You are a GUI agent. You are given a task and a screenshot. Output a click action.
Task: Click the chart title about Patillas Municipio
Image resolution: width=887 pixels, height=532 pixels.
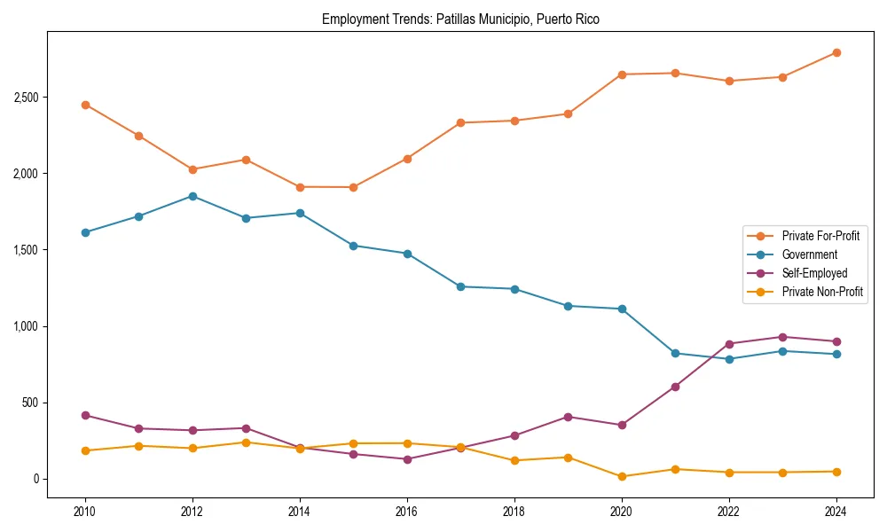(x=460, y=20)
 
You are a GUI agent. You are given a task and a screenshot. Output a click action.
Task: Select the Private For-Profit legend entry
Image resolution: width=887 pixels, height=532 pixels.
(x=820, y=236)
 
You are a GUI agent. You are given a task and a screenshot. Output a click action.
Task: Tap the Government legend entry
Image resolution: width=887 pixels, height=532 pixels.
(x=809, y=254)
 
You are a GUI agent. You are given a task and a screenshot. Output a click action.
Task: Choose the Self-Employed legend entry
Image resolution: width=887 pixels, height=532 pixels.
(x=814, y=273)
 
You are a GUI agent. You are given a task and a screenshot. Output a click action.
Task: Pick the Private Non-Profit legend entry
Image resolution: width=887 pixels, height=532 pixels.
(x=822, y=292)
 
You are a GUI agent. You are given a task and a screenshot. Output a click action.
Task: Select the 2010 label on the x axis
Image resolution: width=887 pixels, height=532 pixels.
(x=85, y=512)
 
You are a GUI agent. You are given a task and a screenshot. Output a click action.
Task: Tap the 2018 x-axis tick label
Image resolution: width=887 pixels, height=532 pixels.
(x=514, y=512)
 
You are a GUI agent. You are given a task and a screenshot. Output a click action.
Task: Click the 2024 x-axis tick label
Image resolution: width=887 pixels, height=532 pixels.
(x=836, y=512)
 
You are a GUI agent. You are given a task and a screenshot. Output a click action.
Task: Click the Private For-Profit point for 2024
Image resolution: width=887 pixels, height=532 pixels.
(x=836, y=52)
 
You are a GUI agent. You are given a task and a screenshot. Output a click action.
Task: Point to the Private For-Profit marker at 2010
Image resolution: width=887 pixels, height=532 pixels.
(x=85, y=105)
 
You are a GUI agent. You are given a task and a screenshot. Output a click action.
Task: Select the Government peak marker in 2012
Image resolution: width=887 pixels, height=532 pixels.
(x=192, y=196)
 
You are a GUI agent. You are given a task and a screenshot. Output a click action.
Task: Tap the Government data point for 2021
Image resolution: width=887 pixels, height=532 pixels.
(x=675, y=353)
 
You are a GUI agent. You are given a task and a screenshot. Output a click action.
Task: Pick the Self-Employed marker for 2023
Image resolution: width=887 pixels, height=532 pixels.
(x=782, y=337)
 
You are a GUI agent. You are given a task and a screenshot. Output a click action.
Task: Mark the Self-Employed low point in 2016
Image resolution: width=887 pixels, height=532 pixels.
(x=407, y=459)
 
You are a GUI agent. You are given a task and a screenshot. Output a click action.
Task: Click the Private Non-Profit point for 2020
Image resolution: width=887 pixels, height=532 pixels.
(x=622, y=476)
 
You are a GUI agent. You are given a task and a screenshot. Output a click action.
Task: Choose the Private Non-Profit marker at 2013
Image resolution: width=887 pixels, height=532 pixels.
(x=246, y=442)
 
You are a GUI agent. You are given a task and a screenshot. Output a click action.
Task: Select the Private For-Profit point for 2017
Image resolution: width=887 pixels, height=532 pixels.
(x=460, y=122)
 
